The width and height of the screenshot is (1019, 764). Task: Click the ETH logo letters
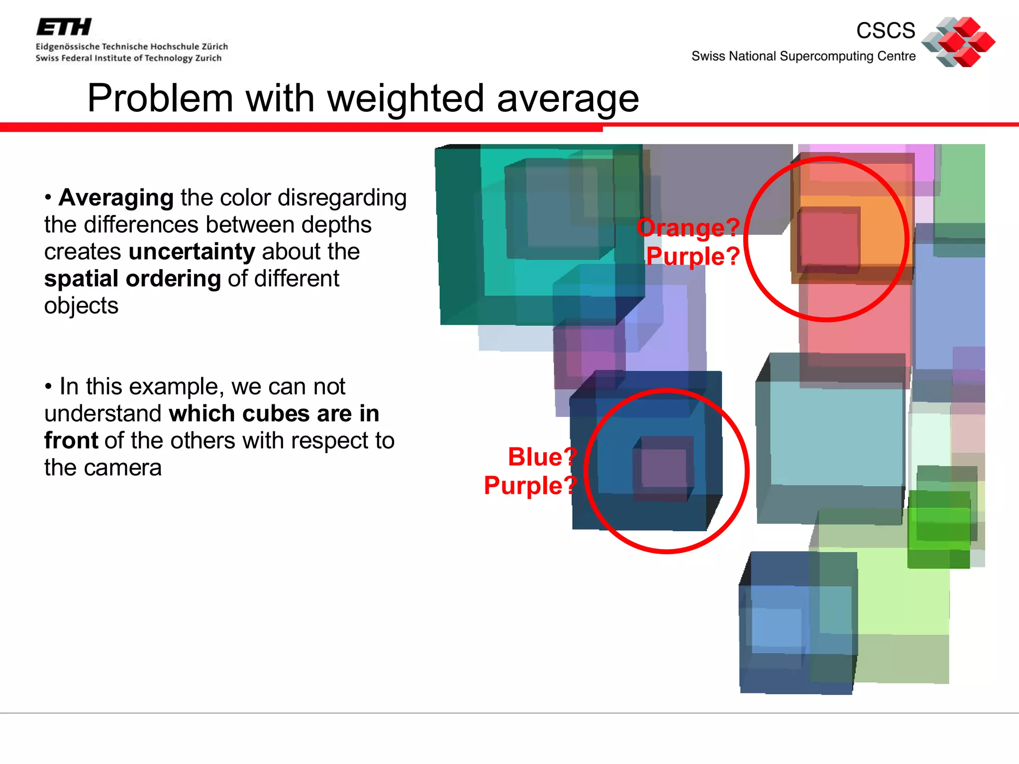point(64,27)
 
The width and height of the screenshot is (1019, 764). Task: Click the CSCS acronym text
point(885,31)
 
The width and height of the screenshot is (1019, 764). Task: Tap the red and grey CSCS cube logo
point(958,42)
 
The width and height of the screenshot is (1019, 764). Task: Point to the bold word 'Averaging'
point(116,197)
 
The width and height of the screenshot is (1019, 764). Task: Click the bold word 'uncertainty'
point(192,252)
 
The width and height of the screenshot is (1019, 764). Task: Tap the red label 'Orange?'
point(688,228)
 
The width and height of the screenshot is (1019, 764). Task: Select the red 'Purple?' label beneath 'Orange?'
point(693,257)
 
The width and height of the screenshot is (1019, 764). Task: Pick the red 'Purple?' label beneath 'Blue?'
point(530,485)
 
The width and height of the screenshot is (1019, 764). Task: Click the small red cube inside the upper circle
point(828,239)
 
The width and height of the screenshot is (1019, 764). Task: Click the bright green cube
point(938,528)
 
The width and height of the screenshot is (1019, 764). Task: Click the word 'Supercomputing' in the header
point(826,56)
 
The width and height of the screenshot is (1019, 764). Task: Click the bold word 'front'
point(71,441)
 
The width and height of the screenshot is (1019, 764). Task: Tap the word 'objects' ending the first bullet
point(81,306)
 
